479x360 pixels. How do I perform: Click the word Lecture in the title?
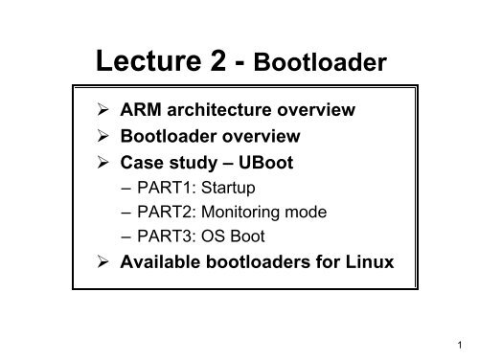(152, 62)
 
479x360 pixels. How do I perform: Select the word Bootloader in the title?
(323, 64)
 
